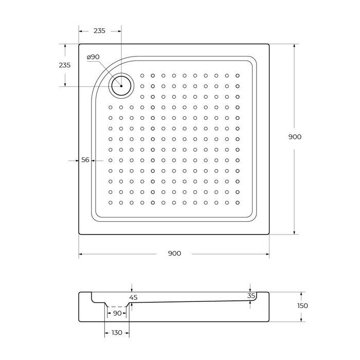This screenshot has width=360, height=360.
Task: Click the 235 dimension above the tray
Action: [99, 31]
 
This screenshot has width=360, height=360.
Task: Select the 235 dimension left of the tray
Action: [65, 65]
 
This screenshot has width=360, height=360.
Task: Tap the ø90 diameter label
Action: [93, 57]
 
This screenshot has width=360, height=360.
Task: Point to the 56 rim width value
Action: [85, 160]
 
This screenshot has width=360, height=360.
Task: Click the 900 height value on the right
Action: [295, 137]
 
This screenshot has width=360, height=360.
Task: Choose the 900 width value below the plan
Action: [174, 254]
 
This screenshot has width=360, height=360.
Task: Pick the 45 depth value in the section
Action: [134, 297]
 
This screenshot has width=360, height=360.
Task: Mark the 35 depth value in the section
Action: [251, 296]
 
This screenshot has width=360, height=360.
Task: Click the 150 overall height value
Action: [302, 305]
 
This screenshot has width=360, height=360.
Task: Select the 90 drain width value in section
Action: [117, 313]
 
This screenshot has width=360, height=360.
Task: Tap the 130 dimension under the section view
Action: [117, 333]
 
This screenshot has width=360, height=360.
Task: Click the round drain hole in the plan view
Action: [121, 86]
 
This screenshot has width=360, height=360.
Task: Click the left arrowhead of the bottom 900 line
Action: [81, 254]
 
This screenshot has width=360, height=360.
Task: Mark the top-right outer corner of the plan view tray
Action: [269, 44]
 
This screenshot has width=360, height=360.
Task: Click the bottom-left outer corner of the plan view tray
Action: [79, 235]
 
